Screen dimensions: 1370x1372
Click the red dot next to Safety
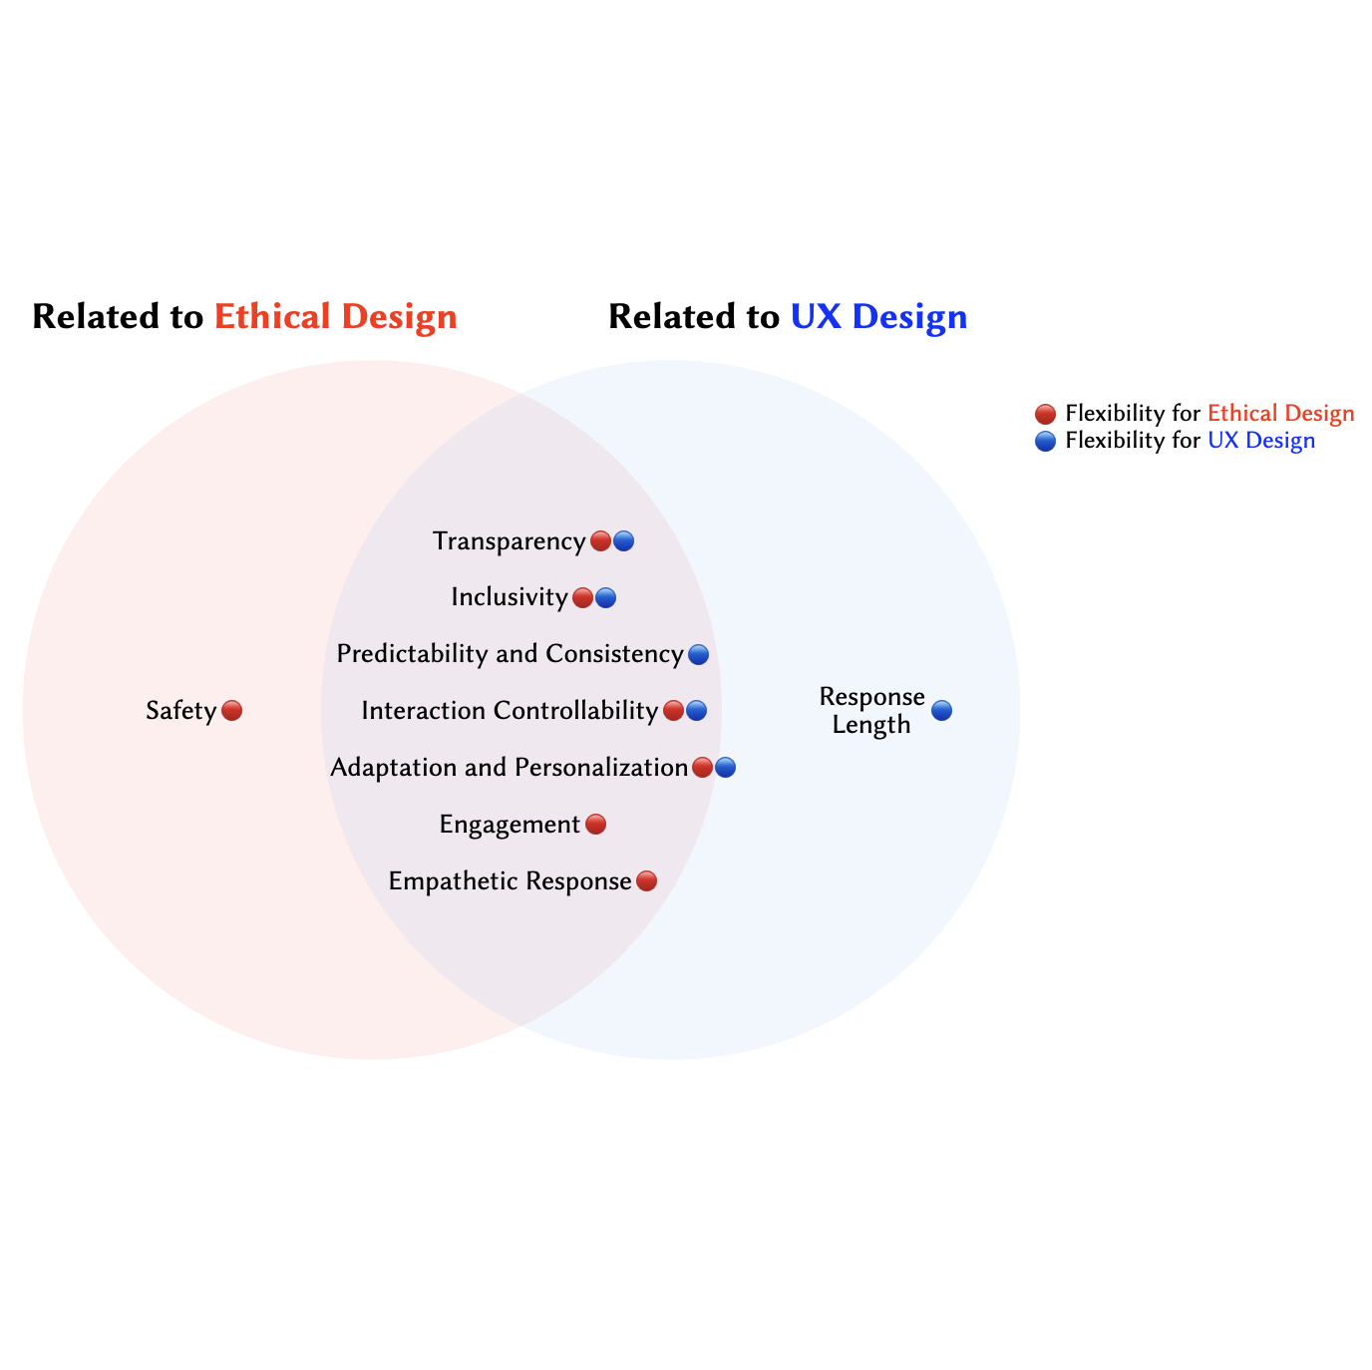pos(231,711)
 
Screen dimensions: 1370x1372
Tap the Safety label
pos(180,711)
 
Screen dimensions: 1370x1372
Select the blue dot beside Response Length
pos(941,711)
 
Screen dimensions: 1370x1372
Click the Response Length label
pos(871,711)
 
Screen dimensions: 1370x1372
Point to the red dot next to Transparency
pos(600,541)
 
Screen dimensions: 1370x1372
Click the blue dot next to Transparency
pos(623,541)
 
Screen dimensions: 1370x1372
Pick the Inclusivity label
pos(509,597)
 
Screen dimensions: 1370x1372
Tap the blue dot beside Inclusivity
pos(605,598)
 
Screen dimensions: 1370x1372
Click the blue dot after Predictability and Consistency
pos(698,655)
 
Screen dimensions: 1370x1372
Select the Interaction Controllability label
pos(509,711)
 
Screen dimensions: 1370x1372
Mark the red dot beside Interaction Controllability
pos(673,711)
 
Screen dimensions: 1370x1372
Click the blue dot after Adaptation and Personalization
pos(725,768)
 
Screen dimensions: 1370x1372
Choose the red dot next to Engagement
pos(595,825)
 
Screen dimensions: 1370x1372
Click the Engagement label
pos(509,825)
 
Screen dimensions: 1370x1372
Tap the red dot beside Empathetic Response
pos(646,881)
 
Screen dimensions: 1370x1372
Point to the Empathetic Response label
pos(509,881)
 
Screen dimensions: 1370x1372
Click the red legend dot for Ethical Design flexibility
pos(1045,414)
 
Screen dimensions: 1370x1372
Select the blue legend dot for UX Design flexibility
pos(1045,441)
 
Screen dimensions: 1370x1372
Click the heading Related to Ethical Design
pos(244,317)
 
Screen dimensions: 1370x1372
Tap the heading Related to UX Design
pos(788,317)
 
